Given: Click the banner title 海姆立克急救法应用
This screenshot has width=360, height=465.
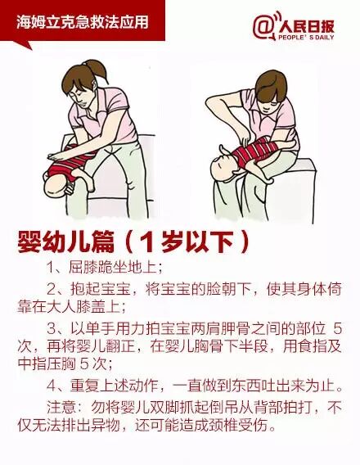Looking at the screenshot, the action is point(82,22).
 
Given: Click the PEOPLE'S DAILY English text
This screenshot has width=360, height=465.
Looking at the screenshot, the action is point(306,38).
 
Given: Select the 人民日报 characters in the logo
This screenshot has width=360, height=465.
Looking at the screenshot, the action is point(306,26).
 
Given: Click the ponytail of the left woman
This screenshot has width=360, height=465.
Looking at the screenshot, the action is point(98,68).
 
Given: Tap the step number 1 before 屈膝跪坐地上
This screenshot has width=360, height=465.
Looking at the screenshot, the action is point(51,268).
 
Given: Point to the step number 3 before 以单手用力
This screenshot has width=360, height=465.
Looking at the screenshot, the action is point(52,329).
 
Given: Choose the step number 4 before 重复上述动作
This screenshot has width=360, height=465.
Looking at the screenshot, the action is point(52,386).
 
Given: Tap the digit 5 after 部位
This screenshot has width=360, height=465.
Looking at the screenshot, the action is point(337,329).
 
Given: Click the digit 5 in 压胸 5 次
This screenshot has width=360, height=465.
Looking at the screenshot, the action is point(84,364).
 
